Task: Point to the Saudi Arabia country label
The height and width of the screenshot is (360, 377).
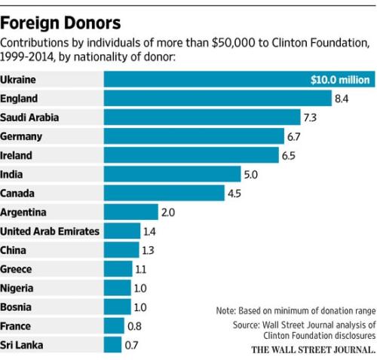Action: (x=30, y=117)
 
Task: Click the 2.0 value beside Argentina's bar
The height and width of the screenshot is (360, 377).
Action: (x=167, y=212)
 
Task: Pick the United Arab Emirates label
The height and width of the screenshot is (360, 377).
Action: (x=51, y=231)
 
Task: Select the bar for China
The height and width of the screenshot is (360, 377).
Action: (x=121, y=250)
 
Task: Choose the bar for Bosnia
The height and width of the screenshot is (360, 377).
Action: (x=116, y=307)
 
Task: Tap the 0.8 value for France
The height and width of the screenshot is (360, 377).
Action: (x=136, y=325)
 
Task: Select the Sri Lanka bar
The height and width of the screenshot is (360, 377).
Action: (x=112, y=344)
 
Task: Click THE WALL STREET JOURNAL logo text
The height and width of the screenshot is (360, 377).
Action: (x=312, y=349)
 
